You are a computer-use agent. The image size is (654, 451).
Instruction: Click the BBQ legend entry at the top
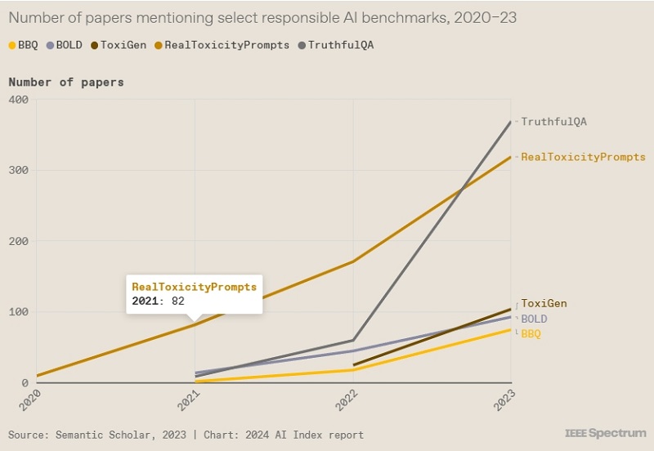pos(22,45)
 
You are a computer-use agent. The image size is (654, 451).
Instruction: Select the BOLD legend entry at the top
pos(65,45)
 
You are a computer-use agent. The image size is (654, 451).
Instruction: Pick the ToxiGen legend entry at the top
pos(118,45)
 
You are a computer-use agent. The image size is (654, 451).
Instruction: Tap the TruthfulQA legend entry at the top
pos(340,45)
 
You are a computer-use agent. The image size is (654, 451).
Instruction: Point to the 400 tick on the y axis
pos(19,100)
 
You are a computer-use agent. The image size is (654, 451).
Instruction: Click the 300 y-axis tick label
pos(19,171)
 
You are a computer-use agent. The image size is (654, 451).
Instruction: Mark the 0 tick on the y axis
pos(25,382)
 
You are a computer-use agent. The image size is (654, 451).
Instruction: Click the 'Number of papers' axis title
pos(66,82)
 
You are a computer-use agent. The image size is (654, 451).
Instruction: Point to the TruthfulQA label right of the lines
pos(554,122)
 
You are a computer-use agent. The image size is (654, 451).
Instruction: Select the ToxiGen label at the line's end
pos(544,304)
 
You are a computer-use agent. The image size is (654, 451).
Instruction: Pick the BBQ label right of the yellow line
pos(531,334)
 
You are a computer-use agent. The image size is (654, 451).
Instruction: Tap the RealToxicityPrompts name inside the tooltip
pos(195,288)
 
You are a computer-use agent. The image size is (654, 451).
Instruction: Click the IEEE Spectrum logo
pos(604,433)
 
